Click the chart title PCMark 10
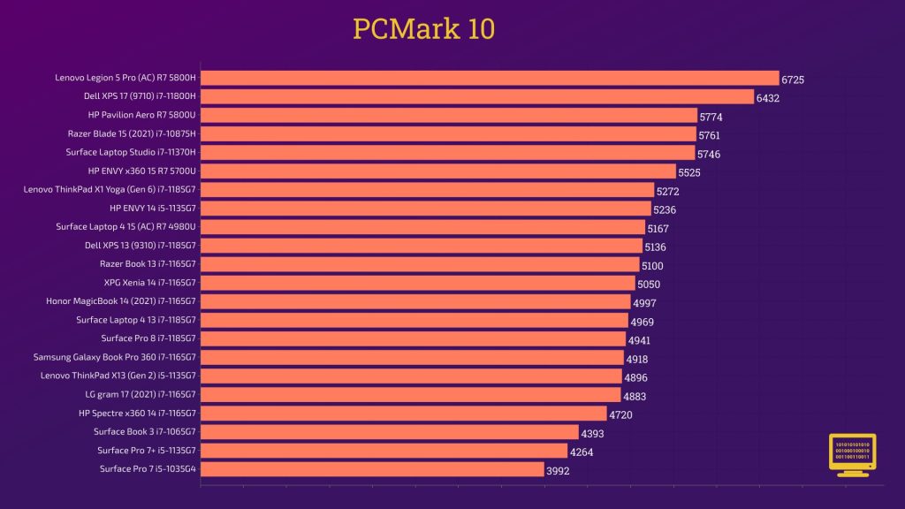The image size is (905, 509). (x=423, y=29)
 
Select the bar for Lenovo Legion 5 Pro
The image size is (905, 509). (x=490, y=78)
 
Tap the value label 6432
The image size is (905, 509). (x=767, y=98)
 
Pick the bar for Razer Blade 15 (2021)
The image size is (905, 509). (x=449, y=133)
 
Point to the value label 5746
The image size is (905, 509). (x=709, y=154)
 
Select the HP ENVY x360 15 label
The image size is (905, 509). (x=141, y=171)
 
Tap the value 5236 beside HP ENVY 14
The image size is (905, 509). (x=665, y=209)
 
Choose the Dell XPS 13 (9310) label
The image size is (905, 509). (x=140, y=245)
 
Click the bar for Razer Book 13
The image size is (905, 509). (x=420, y=264)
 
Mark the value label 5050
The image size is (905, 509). (x=649, y=285)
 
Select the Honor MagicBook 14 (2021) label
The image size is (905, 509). (x=121, y=300)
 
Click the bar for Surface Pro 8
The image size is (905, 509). (x=413, y=338)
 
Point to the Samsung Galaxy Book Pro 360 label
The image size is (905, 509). (x=115, y=357)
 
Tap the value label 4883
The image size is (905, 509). (x=635, y=397)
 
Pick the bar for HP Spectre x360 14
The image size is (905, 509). (x=404, y=413)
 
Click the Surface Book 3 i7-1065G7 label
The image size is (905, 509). (x=145, y=431)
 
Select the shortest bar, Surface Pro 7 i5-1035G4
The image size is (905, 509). (x=372, y=469)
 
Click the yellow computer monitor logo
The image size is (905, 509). (x=852, y=454)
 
